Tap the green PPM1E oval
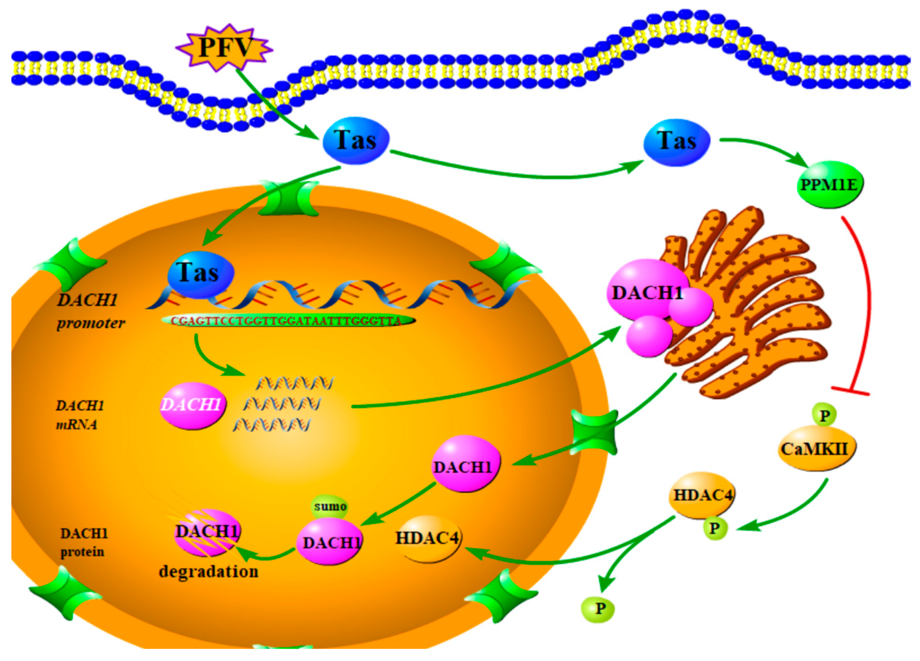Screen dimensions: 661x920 pos(830,185)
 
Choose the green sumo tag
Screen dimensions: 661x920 pos(330,506)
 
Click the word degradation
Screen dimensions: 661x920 pos(208,572)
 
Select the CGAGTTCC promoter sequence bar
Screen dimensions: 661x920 pos(288,321)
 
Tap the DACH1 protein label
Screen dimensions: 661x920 pos(83,542)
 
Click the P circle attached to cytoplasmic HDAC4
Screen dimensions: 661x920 pos(714,528)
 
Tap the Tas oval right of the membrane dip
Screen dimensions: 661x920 pos(356,140)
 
